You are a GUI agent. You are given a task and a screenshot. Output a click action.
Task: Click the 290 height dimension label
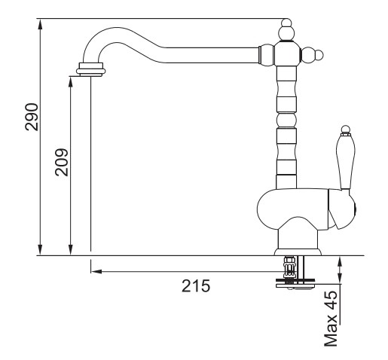click(x=32, y=117)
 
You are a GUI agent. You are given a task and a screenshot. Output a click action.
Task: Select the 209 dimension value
click(x=62, y=163)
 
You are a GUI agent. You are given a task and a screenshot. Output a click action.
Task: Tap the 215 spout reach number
click(x=196, y=285)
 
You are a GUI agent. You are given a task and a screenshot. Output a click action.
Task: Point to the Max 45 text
click(x=331, y=319)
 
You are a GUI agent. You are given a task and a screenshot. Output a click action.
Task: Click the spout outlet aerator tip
click(x=90, y=69)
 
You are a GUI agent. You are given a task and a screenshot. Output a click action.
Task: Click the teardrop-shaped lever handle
click(x=345, y=162)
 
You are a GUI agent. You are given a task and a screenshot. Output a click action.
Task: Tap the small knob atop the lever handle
click(x=346, y=130)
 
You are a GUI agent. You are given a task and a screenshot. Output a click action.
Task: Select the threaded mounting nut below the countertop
click(x=289, y=267)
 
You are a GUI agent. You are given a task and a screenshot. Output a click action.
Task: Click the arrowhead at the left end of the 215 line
click(x=96, y=271)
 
